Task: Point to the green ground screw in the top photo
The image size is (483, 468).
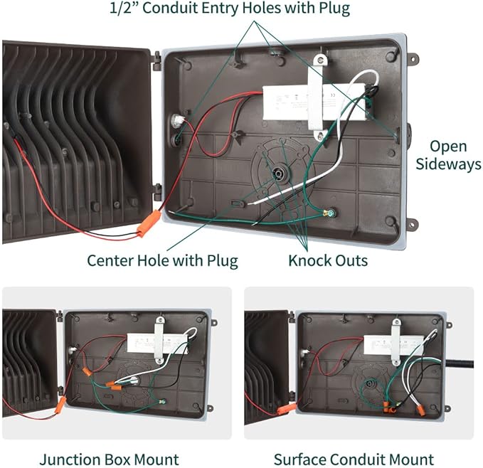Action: click(x=329, y=213)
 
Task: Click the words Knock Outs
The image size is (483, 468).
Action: click(x=328, y=260)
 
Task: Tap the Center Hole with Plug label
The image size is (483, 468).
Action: click(x=162, y=260)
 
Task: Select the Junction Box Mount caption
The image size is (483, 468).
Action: click(x=109, y=459)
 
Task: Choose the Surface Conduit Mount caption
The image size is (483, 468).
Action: click(x=354, y=459)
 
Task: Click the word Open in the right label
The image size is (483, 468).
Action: click(x=447, y=147)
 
